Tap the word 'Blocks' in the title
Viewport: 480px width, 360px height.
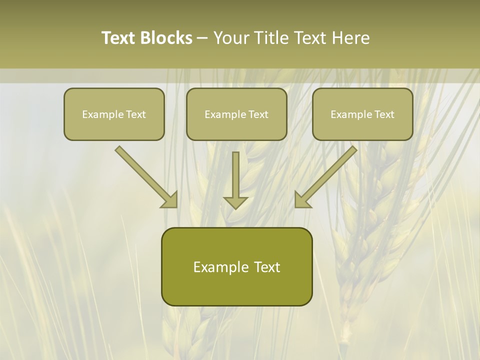165,38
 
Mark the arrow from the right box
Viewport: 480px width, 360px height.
330,172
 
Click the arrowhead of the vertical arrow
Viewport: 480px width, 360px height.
235,202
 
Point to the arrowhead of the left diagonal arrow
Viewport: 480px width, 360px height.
170,199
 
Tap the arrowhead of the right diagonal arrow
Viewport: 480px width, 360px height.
302,199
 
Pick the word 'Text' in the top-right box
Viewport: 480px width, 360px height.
384,114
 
